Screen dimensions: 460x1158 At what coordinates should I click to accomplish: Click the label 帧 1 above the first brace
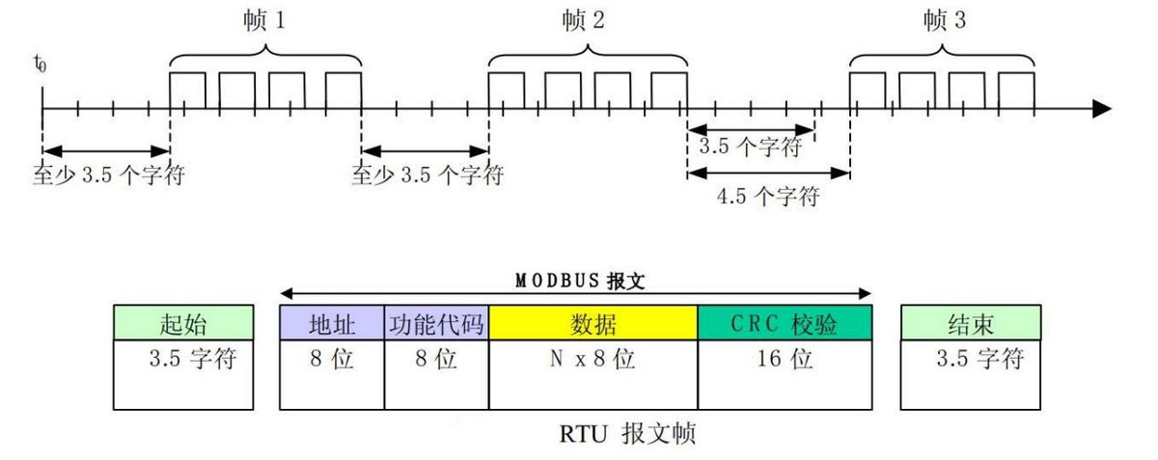(x=265, y=20)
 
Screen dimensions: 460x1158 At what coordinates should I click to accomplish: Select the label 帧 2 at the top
(x=585, y=20)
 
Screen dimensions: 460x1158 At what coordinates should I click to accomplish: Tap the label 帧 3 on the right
(x=945, y=20)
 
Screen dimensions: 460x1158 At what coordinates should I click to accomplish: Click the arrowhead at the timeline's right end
(x=1101, y=107)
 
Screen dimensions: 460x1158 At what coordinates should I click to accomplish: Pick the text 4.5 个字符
(x=768, y=197)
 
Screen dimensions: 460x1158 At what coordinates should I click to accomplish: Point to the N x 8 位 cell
(x=593, y=362)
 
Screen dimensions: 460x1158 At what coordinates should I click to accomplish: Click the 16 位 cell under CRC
(x=785, y=362)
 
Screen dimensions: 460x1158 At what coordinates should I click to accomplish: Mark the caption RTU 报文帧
(x=627, y=434)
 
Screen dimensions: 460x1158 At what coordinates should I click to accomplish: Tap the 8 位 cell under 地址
(x=332, y=362)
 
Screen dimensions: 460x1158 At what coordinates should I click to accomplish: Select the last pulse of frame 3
(x=1016, y=90)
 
